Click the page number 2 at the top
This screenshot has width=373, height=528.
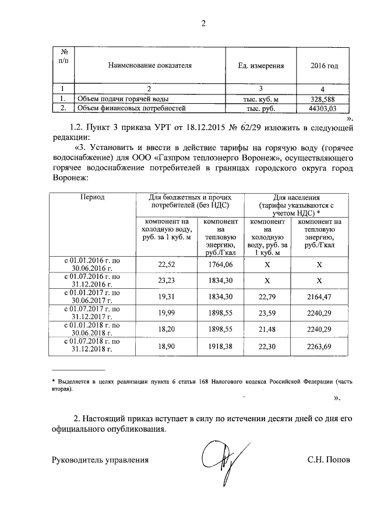pyautogui.click(x=203, y=23)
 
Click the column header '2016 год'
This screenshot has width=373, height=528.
pyautogui.click(x=324, y=66)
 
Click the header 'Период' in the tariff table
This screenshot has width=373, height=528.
pyautogui.click(x=92, y=198)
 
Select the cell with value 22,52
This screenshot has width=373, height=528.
pyautogui.click(x=167, y=264)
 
